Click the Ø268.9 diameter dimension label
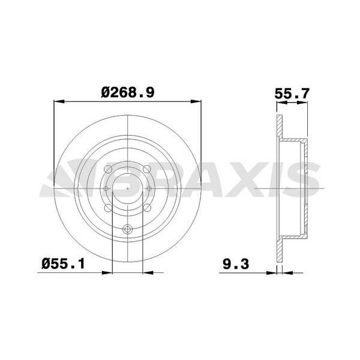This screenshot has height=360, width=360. (x=128, y=92)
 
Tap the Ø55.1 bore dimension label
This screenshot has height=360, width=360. (x=63, y=263)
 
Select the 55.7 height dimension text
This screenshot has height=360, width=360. (x=292, y=94)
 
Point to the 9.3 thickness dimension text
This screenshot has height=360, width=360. (x=236, y=264)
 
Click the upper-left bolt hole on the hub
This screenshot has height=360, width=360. (x=108, y=169)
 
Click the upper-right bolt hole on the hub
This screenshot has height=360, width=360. (x=147, y=169)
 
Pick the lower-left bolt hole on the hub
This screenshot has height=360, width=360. (x=108, y=208)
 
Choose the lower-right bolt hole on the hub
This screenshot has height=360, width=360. (x=147, y=208)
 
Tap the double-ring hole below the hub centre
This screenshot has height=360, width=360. (x=127, y=229)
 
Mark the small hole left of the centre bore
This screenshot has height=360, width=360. (x=106, y=188)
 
